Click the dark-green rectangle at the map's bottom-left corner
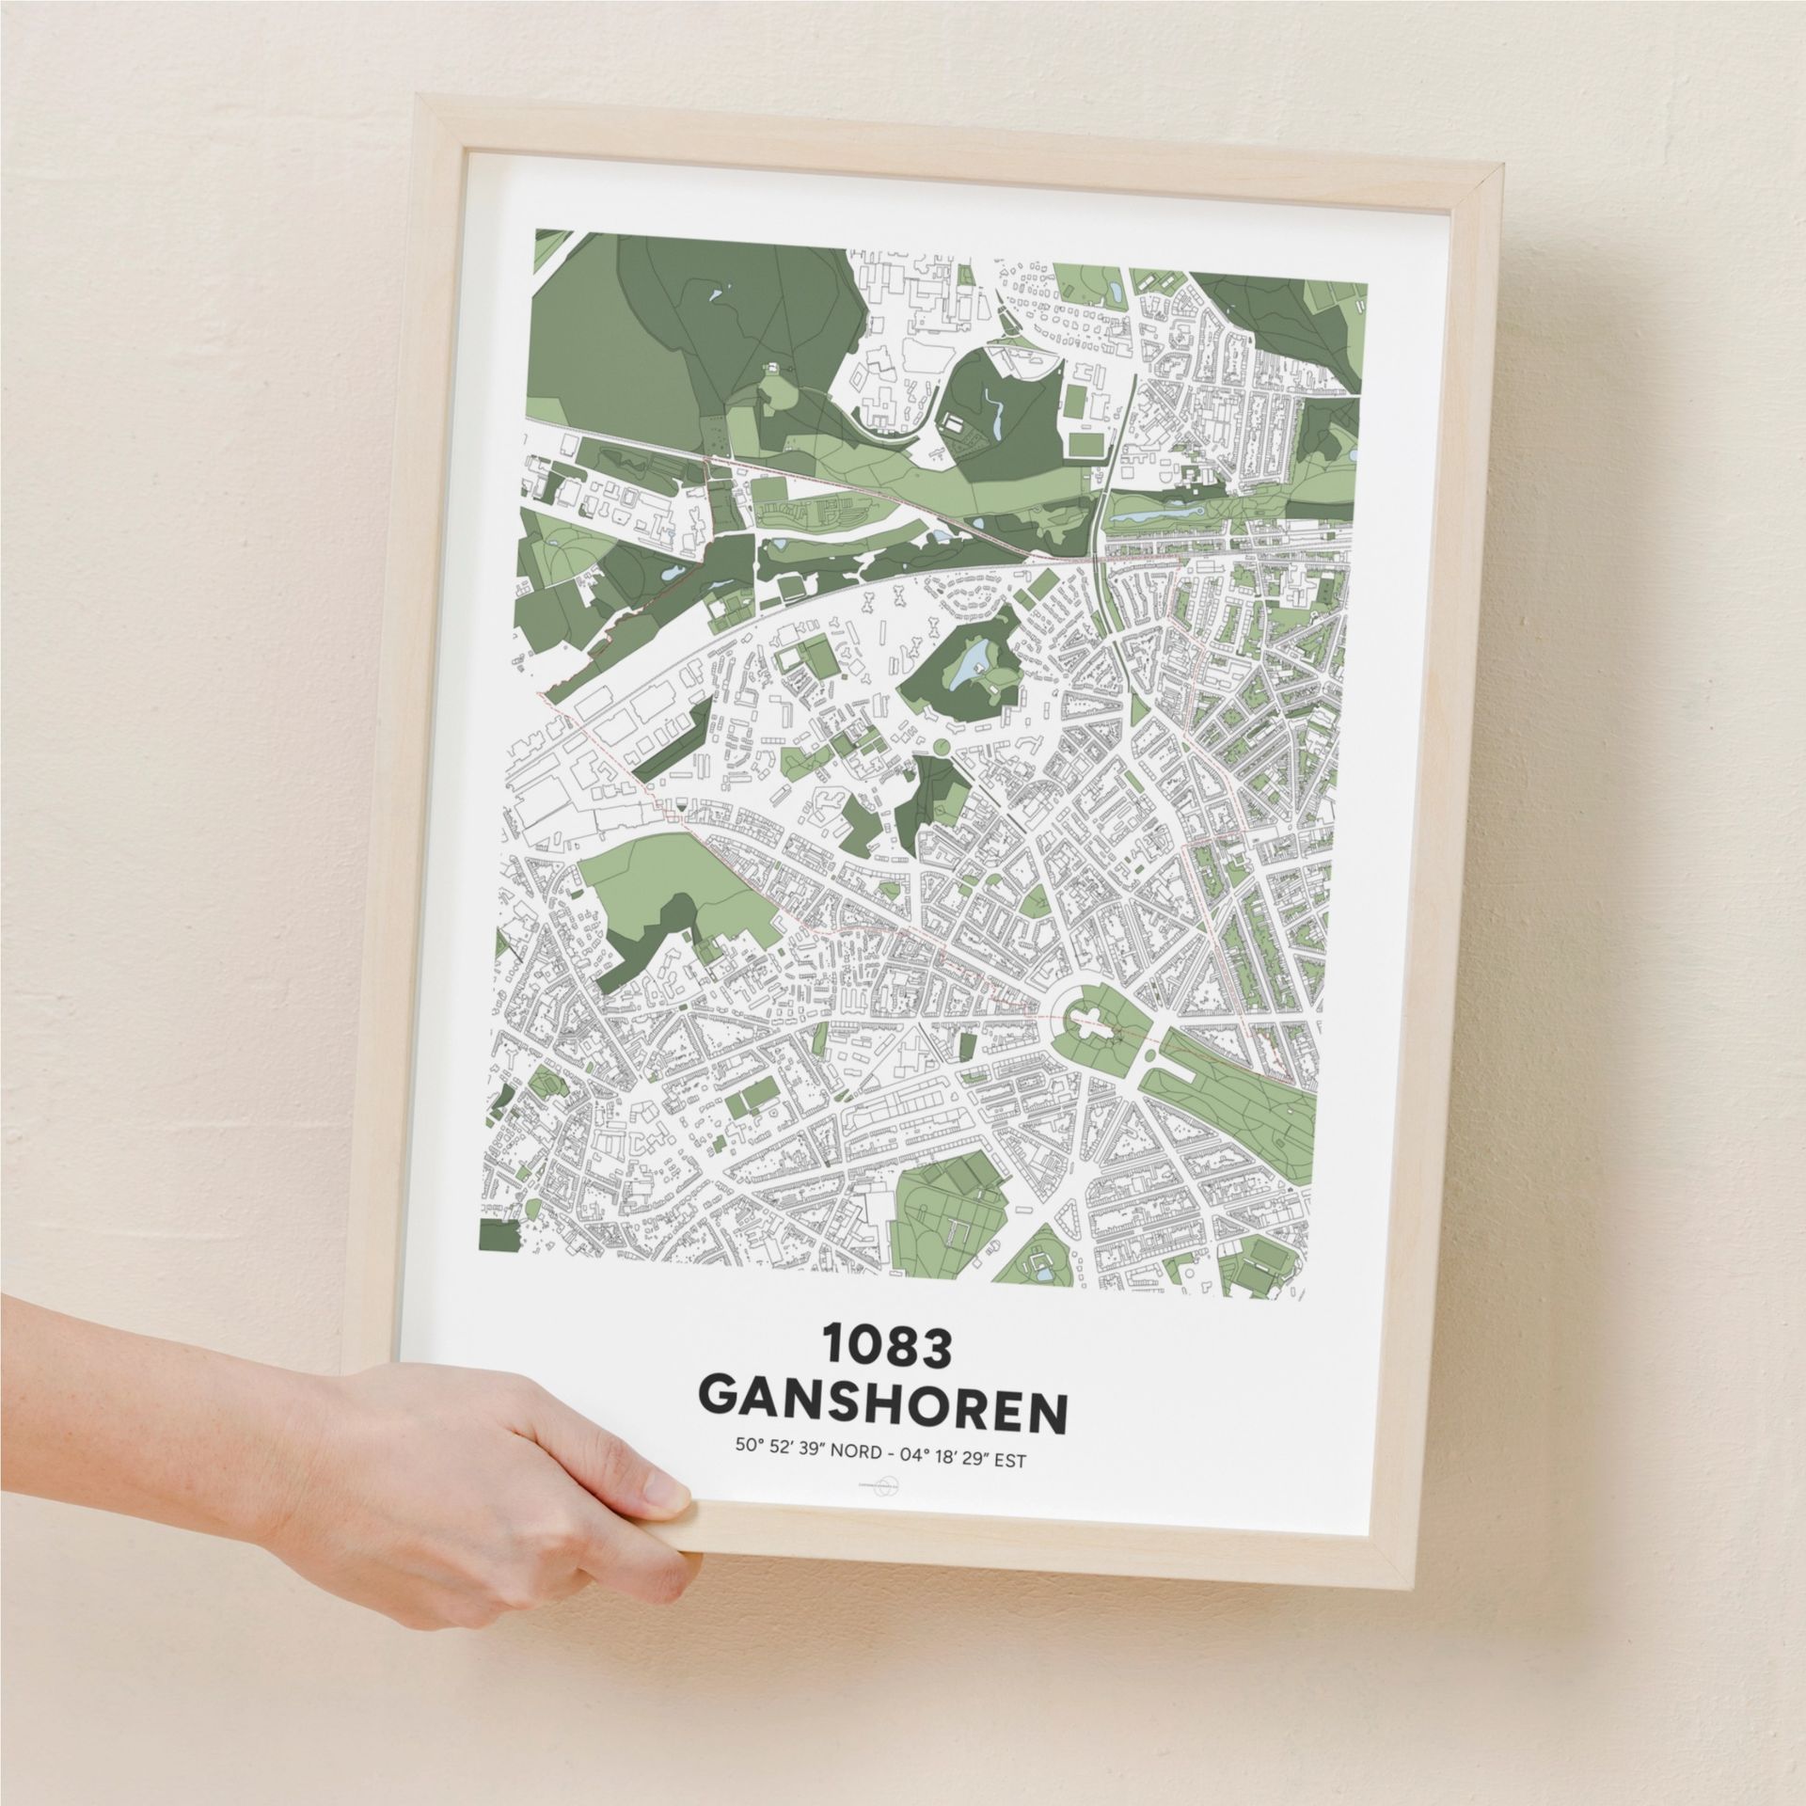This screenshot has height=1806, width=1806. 499,1249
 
